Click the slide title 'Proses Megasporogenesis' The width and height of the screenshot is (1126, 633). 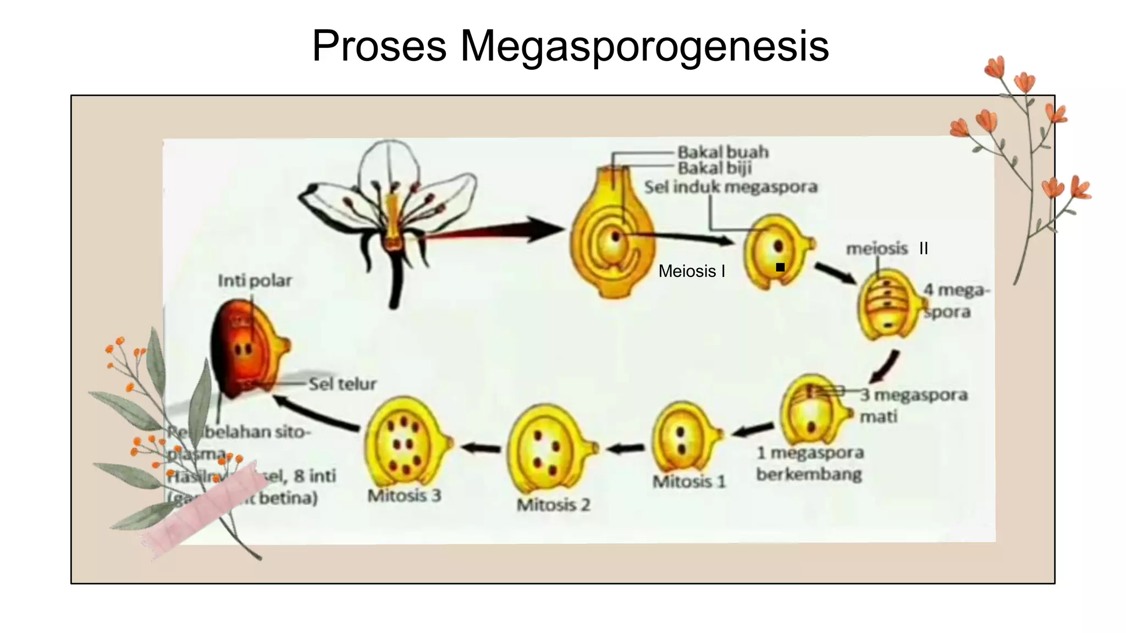tap(570, 46)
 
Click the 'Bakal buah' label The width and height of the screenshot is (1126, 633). tap(722, 152)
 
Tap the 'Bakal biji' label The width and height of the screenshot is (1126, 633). tap(714, 168)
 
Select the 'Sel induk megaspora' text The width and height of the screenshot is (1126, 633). tap(731, 187)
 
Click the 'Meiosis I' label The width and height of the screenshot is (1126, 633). tap(692, 271)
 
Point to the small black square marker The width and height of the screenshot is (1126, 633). tap(780, 268)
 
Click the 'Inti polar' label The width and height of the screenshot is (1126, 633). tap(255, 281)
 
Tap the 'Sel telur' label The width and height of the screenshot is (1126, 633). tap(342, 384)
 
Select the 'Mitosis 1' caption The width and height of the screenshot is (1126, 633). tap(689, 482)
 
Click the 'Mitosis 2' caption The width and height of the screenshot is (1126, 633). tap(553, 505)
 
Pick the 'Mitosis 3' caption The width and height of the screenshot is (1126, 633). tap(404, 496)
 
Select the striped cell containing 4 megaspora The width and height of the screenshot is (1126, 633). tap(887, 304)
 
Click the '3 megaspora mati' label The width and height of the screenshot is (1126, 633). tap(913, 406)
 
